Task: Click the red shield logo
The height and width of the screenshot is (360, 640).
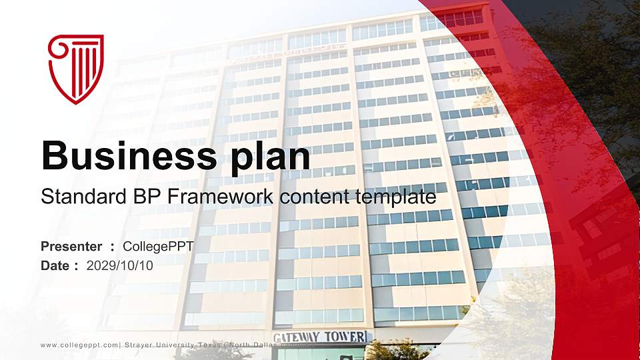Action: (76, 69)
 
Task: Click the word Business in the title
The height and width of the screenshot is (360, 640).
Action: (125, 156)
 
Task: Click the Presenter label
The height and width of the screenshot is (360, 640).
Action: (71, 247)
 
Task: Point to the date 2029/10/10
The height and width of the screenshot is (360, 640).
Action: (120, 265)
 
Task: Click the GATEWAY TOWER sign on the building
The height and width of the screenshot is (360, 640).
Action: (320, 337)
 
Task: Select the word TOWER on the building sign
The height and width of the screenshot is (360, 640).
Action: (345, 337)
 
